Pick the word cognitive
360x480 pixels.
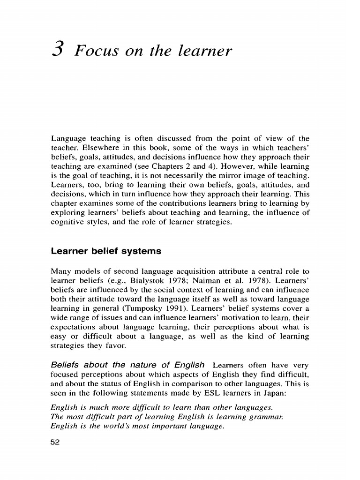click(66, 222)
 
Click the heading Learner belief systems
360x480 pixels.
click(105, 251)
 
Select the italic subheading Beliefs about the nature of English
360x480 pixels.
click(127, 365)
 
